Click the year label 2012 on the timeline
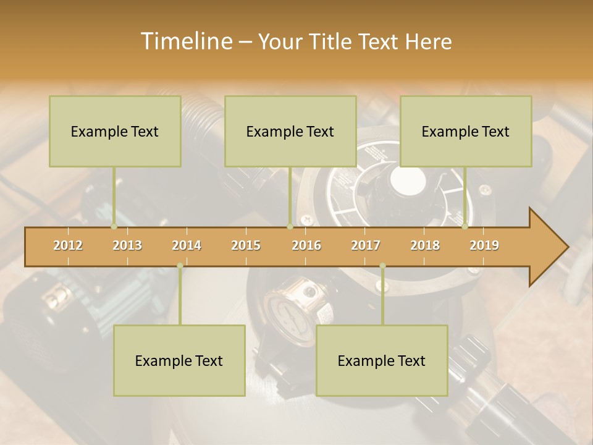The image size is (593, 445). pyautogui.click(x=68, y=245)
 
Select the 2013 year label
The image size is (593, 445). pyautogui.click(x=127, y=245)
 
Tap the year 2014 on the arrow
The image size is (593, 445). pyautogui.click(x=187, y=245)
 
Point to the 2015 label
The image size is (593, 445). pyautogui.click(x=246, y=245)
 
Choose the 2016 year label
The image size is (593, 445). pyautogui.click(x=306, y=245)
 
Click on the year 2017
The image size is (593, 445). pyautogui.click(x=366, y=245)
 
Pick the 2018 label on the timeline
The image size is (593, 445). pyautogui.click(x=425, y=245)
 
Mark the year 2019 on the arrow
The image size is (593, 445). pyautogui.click(x=484, y=245)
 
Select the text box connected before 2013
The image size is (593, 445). pyautogui.click(x=115, y=131)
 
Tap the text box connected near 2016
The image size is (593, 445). pyautogui.click(x=290, y=131)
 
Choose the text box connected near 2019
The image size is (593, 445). pyautogui.click(x=466, y=131)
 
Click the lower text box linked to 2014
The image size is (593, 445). pyautogui.click(x=179, y=360)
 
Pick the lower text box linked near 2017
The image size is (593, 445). pyautogui.click(x=382, y=360)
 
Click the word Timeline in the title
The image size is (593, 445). pyautogui.click(x=185, y=41)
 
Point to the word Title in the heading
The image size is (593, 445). pyautogui.click(x=334, y=42)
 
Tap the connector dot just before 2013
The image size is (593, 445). pyautogui.click(x=114, y=227)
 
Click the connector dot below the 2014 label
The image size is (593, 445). pyautogui.click(x=180, y=266)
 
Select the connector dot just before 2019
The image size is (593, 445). pyautogui.click(x=465, y=227)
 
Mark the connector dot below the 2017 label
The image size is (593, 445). pyautogui.click(x=382, y=266)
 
